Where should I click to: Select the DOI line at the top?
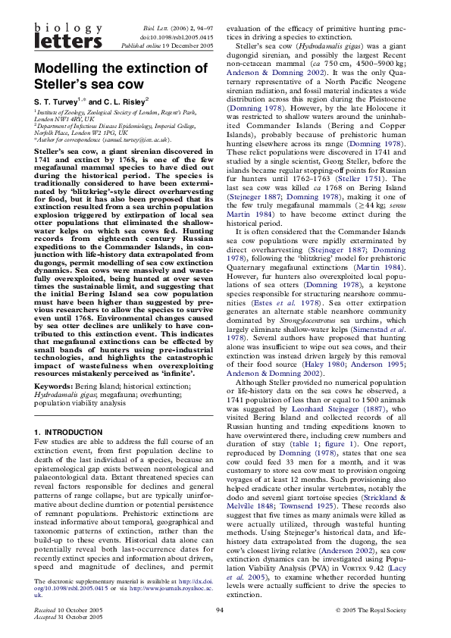[x=177, y=35]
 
